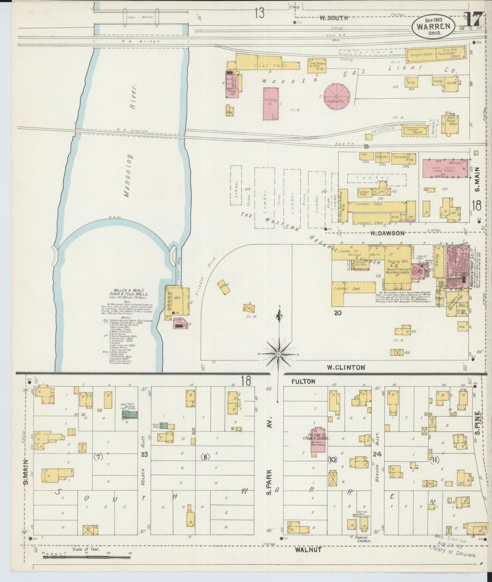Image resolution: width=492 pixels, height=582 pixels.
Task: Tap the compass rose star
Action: click(x=279, y=354)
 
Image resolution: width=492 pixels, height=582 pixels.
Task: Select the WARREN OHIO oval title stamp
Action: click(x=433, y=27)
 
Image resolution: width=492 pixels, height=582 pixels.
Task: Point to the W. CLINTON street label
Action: click(x=346, y=367)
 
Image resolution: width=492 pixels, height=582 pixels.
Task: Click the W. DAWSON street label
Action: click(x=386, y=233)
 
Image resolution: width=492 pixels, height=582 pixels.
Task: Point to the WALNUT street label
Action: click(x=308, y=549)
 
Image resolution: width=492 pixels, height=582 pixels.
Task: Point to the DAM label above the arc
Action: click(x=113, y=217)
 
